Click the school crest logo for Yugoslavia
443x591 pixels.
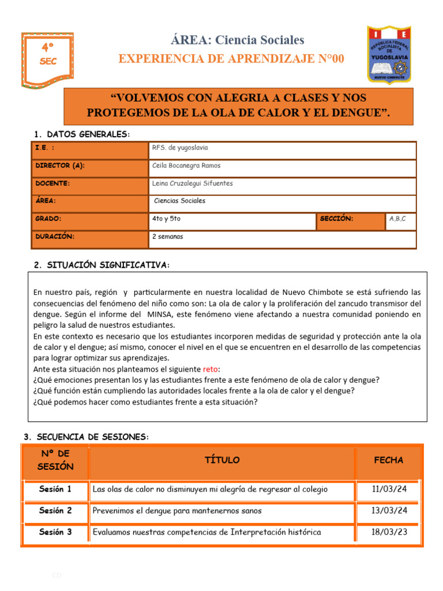tap(389, 54)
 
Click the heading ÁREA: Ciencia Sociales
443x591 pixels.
tap(237, 40)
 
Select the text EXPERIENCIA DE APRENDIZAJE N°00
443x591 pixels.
tap(231, 59)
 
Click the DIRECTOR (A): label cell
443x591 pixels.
tap(60, 166)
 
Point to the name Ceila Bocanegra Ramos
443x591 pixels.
tap(186, 166)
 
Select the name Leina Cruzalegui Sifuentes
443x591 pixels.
tap(192, 184)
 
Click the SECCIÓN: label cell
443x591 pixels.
tap(337, 219)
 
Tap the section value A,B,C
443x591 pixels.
tap(397, 219)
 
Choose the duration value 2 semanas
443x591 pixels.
tap(167, 237)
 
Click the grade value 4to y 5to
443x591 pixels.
tap(166, 219)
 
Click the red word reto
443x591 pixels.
tap(211, 369)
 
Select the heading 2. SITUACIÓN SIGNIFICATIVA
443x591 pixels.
tap(102, 265)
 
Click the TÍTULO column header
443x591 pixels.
tap(222, 460)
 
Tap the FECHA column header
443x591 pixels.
tap(389, 460)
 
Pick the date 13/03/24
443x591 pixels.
tap(389, 511)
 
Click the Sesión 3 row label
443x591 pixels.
tap(55, 532)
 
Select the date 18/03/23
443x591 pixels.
tap(389, 532)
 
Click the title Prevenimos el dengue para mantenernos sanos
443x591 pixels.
tap(177, 511)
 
